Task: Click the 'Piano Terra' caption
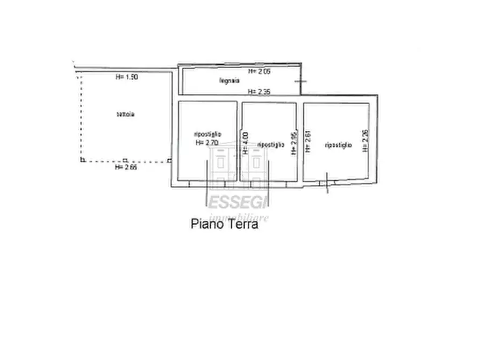(x=224, y=225)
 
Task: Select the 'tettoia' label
(x=125, y=114)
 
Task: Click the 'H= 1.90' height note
(x=127, y=77)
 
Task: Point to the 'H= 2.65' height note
(x=126, y=167)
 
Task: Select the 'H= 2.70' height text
(x=207, y=143)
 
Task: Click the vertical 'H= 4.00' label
(x=246, y=143)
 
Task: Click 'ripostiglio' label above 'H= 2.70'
(x=207, y=135)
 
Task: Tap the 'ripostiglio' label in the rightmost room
(x=338, y=145)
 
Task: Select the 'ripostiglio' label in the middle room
(x=270, y=145)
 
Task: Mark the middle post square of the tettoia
(x=125, y=160)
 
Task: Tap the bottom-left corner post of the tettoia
(x=82, y=160)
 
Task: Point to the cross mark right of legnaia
(x=301, y=81)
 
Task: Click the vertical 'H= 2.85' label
(x=293, y=143)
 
